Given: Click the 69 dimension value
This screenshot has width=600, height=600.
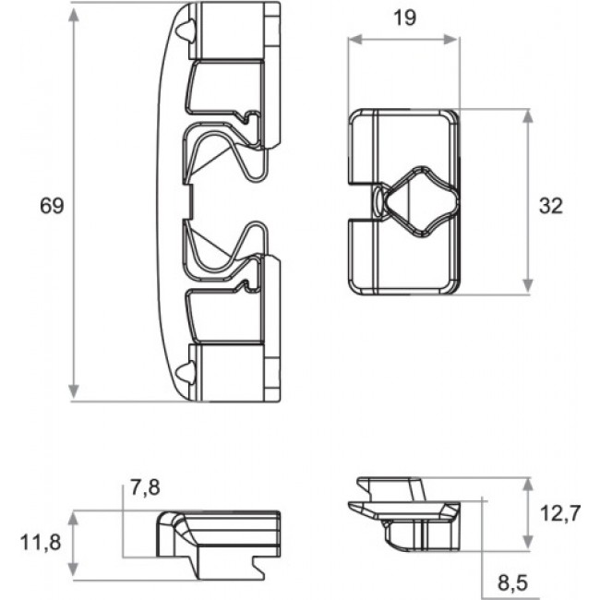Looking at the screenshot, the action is pyautogui.click(x=52, y=206).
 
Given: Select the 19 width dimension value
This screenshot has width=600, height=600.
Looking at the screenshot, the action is pyautogui.click(x=404, y=18).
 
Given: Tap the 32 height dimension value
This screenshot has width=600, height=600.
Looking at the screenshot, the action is pyautogui.click(x=551, y=206).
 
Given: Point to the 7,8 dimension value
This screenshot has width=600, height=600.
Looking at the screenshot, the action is pyautogui.click(x=145, y=488).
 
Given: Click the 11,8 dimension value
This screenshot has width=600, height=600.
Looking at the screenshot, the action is pyautogui.click(x=41, y=543).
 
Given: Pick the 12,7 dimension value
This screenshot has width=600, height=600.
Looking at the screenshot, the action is pyautogui.click(x=560, y=513).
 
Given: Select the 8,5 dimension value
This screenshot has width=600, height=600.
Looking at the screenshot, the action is pyautogui.click(x=512, y=582).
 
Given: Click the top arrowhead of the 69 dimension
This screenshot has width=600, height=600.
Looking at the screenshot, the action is pyautogui.click(x=74, y=14).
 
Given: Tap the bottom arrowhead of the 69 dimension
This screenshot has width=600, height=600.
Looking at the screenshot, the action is pyautogui.click(x=74, y=391).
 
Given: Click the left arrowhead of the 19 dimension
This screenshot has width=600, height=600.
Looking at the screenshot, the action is pyautogui.click(x=355, y=39).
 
